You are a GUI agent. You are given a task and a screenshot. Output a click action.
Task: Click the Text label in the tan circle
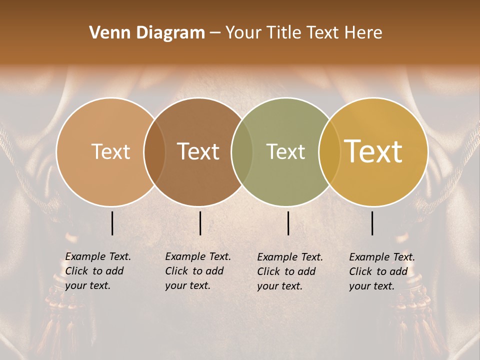[110, 151]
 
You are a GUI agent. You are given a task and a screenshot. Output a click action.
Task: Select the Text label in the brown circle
[198, 151]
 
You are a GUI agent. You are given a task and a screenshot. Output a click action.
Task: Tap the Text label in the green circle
[285, 151]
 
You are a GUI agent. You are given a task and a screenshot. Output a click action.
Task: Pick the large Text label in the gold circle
[373, 151]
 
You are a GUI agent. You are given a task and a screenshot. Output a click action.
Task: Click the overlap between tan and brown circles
[154, 152]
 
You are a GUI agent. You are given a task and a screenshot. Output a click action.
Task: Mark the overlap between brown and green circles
[242, 152]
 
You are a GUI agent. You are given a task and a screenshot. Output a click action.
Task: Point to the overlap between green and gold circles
[329, 152]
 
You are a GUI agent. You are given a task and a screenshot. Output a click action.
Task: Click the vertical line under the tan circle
[112, 223]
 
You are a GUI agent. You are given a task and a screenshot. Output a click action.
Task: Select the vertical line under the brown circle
[200, 223]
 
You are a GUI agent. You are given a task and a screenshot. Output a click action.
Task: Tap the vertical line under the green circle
[288, 223]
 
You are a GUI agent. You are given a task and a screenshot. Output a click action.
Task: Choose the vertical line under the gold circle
[372, 223]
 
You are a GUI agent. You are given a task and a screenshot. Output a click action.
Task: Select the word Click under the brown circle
[176, 271]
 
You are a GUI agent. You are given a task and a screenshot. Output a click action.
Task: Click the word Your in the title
[243, 32]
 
